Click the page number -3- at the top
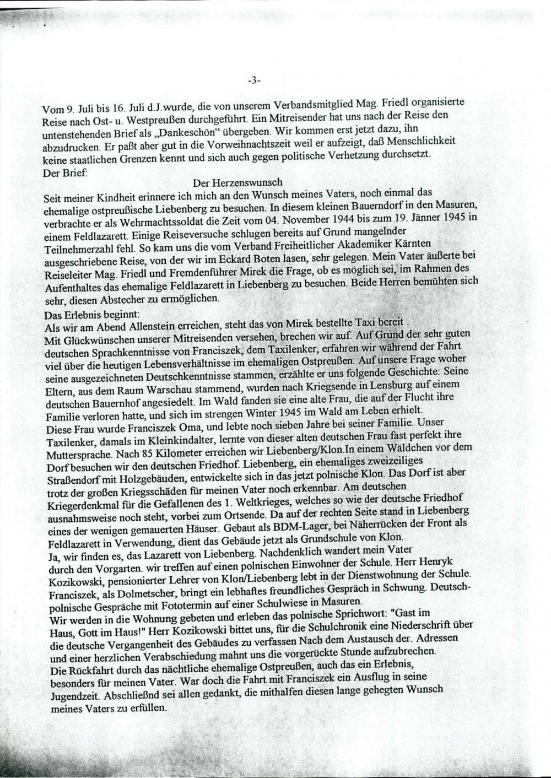tap(254, 80)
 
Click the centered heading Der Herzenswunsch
tap(237, 182)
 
